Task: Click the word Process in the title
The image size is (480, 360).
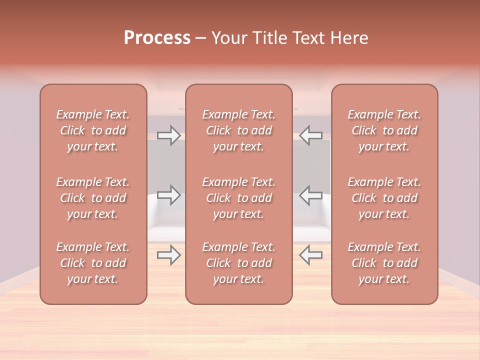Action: (x=157, y=38)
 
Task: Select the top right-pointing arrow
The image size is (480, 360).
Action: (x=169, y=135)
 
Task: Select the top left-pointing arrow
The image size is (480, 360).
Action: (x=310, y=135)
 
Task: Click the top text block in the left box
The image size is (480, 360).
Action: (x=93, y=130)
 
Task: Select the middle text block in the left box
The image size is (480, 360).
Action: (x=93, y=198)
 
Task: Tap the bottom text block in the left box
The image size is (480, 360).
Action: (x=93, y=263)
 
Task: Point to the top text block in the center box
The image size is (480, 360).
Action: (x=239, y=130)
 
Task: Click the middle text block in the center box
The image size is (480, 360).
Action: (x=239, y=198)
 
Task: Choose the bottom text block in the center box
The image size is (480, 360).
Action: (x=239, y=263)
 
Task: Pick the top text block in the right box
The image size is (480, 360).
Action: (x=384, y=130)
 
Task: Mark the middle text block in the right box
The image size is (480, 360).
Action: (x=384, y=198)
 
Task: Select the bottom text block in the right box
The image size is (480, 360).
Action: (x=384, y=263)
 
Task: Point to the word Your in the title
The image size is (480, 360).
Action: (x=228, y=38)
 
